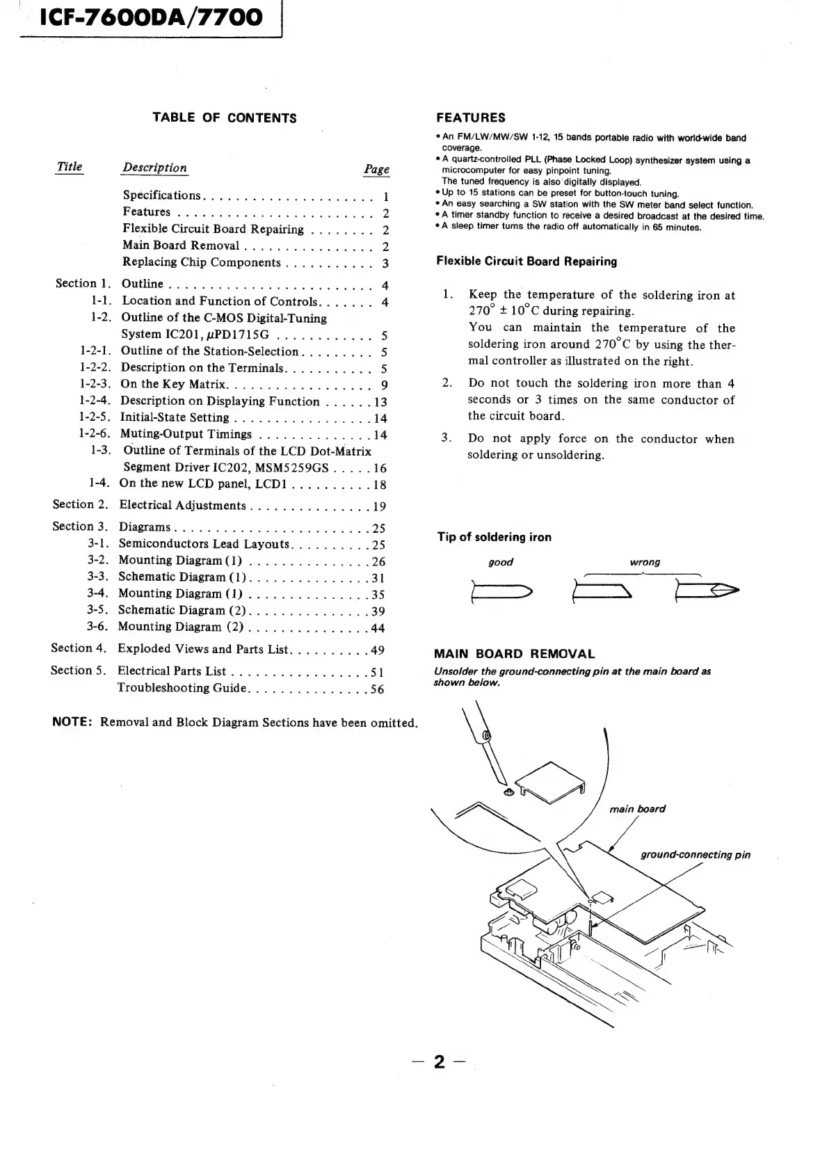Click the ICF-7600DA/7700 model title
pos(143,17)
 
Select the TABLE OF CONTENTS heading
pos(225,118)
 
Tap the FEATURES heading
pos(470,118)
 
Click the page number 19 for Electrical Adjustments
pos(378,506)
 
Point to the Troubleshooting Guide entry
pos(182,688)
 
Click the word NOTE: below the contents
pos(72,721)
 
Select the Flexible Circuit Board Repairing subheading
pos(526,262)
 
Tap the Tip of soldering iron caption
pos(494,537)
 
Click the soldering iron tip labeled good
pos(501,592)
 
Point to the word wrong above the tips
pos(645,562)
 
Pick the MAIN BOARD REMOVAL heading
pos(514,654)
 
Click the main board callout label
pos(637,809)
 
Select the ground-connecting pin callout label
pos(695,855)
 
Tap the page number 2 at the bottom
pos(439,1062)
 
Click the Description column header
pos(154,168)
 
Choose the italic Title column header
pos(69,167)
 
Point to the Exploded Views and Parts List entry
pos(202,649)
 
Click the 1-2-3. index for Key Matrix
pos(95,384)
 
